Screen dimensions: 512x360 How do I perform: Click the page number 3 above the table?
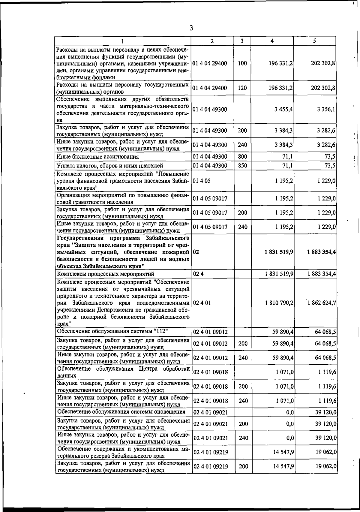pos(191,28)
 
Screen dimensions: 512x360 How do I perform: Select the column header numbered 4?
pos(272,41)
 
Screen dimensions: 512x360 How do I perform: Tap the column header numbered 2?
pos(212,41)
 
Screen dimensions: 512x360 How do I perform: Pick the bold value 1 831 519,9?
pos(279,252)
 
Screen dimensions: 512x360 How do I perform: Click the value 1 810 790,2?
pos(279,303)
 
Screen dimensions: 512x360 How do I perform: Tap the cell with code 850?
pos(242,165)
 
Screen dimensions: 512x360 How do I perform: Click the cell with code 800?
pos(242,156)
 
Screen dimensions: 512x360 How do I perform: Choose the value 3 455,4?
pos(283,109)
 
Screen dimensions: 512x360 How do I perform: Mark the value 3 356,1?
pos(326,109)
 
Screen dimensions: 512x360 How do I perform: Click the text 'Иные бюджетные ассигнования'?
pos(98,157)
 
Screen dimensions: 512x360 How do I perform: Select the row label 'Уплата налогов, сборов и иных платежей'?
pos(110,166)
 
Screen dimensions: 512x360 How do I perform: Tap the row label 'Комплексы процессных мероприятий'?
pos(106,274)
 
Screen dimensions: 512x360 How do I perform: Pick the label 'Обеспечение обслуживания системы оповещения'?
pos(121,411)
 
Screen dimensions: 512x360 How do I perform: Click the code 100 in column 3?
pos(242,63)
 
